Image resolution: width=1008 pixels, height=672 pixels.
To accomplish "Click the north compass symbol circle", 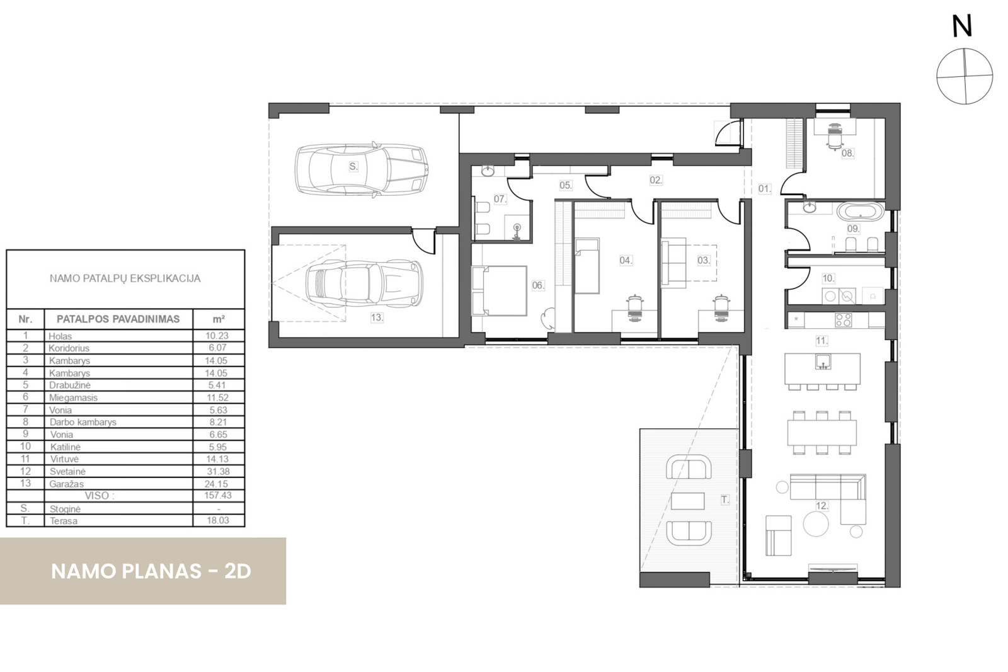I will (x=964, y=76).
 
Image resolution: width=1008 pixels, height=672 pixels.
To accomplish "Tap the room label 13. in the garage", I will (x=377, y=317).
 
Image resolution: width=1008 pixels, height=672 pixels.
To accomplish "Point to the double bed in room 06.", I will (x=499, y=290).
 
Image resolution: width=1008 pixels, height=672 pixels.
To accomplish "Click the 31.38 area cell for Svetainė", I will (x=217, y=471).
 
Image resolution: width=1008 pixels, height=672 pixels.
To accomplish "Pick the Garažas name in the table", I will (x=67, y=484).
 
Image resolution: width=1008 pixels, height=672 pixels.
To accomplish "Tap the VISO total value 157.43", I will (x=217, y=496).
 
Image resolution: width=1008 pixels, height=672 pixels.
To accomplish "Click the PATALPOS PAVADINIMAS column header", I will (x=118, y=319).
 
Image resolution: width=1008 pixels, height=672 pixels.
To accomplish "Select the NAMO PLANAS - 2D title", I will (x=151, y=571).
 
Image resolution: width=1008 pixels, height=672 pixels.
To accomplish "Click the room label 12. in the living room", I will (x=822, y=506).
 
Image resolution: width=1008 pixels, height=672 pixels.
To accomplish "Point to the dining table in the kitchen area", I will (x=822, y=432).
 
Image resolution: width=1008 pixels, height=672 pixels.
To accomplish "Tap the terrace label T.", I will (x=725, y=499).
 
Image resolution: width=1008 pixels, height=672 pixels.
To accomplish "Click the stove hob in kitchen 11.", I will (x=843, y=319).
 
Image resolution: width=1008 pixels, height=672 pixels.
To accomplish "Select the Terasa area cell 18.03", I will (x=217, y=521).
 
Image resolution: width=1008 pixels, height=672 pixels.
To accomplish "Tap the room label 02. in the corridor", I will (x=656, y=180).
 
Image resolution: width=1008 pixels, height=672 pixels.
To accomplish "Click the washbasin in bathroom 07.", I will (x=488, y=171).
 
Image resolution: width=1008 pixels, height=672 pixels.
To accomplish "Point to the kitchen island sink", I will (x=822, y=361).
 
